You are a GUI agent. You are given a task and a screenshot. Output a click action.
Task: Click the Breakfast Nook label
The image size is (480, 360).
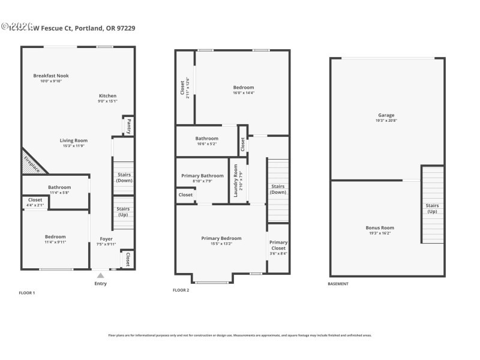[51, 76]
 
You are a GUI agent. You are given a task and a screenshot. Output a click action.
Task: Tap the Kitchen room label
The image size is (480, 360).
[107, 96]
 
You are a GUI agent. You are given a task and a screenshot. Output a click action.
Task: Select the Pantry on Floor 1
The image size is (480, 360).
[128, 127]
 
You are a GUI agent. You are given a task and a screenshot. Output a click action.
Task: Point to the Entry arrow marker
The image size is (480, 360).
[100, 275]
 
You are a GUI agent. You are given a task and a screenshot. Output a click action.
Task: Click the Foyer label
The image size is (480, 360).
[106, 239]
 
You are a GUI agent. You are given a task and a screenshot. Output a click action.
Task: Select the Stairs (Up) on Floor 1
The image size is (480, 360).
[123, 212]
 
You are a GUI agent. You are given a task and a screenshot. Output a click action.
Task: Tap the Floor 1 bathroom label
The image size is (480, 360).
[59, 187]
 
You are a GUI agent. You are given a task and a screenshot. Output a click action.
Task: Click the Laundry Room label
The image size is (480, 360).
[236, 180]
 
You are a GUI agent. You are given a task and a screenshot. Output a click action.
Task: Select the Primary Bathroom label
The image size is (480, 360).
[202, 176]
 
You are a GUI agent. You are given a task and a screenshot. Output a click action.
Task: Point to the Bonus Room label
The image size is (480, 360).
[380, 228]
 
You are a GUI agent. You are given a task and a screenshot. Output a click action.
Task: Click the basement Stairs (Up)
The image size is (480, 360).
[432, 208]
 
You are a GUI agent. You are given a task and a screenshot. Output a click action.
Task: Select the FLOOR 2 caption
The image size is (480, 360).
[181, 290]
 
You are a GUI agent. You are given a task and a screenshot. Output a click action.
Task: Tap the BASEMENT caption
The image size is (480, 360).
[338, 284]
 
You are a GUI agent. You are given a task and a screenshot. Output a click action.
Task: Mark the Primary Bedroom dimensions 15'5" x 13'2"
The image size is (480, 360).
[221, 244]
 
